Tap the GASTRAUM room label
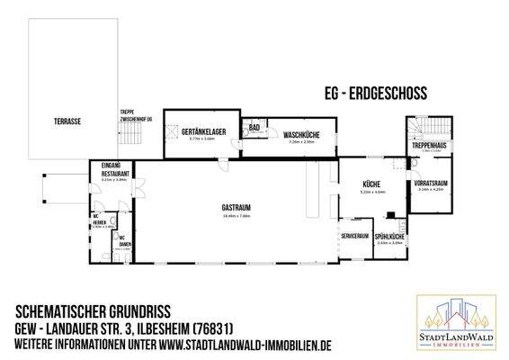pyautogui.click(x=236, y=208)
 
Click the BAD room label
pyautogui.click(x=254, y=128)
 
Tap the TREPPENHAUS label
pyautogui.click(x=430, y=145)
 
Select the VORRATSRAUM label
pyautogui.click(x=432, y=183)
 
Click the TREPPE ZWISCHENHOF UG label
pyautogui.click(x=134, y=114)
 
